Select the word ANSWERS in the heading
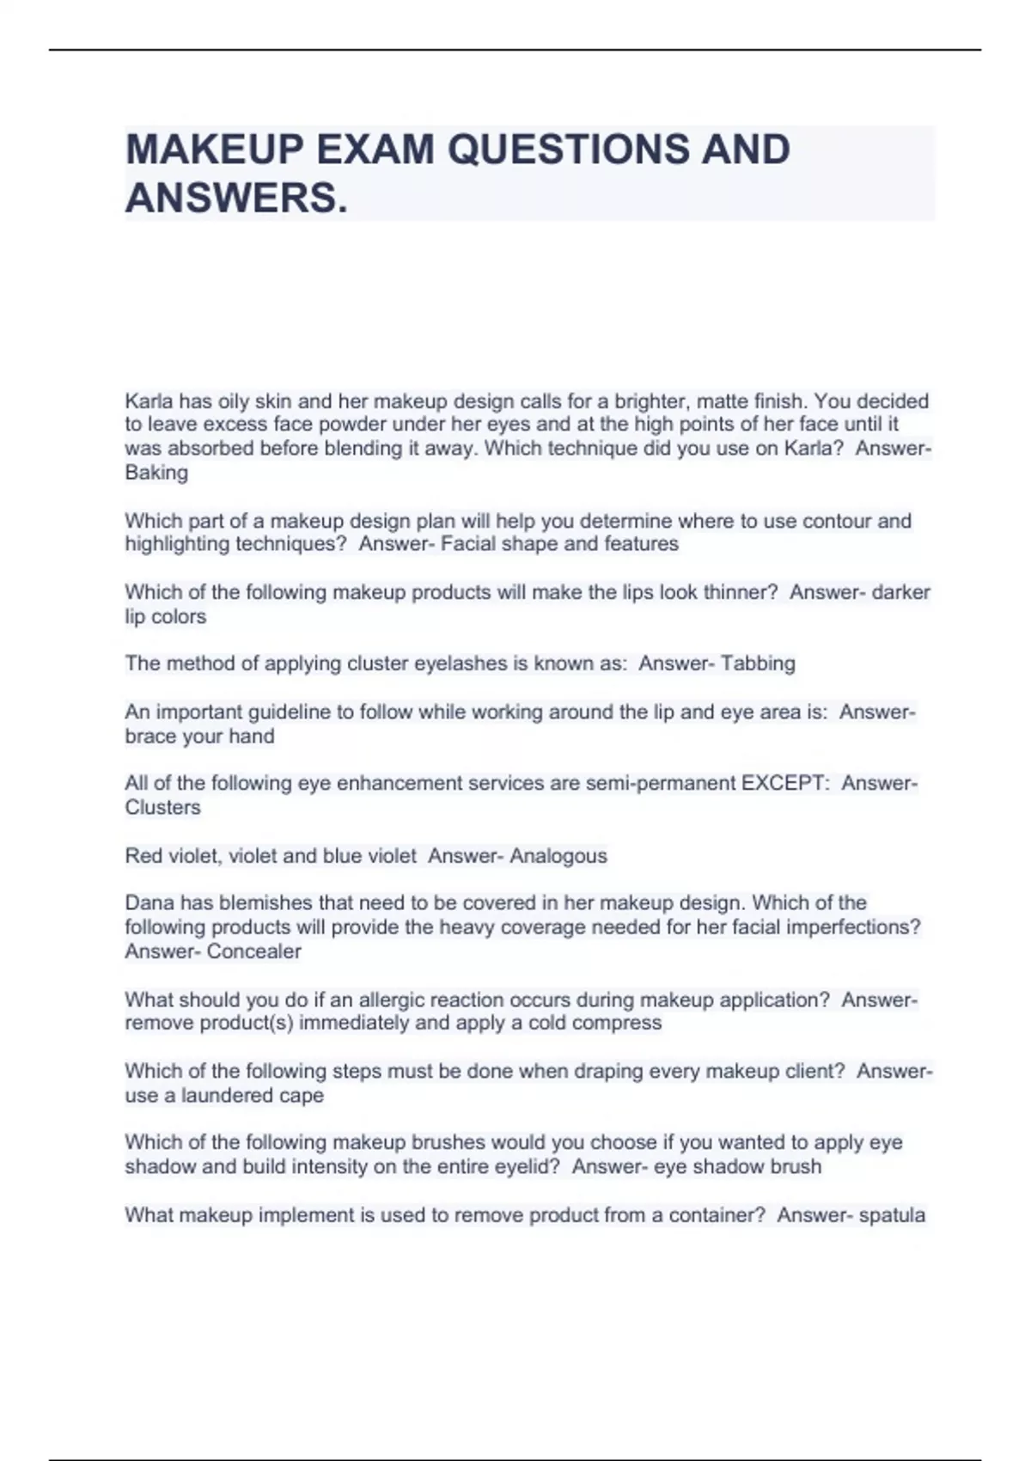pyautogui.click(x=231, y=199)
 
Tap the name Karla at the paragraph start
pyautogui.click(x=149, y=401)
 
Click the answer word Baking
pyautogui.click(x=156, y=473)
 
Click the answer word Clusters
pyautogui.click(x=162, y=808)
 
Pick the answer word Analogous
pyautogui.click(x=558, y=856)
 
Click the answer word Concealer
pyautogui.click(x=254, y=951)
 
